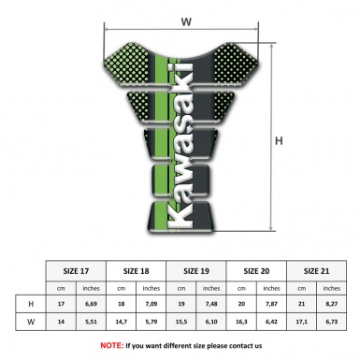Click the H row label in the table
32,304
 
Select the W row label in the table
32,323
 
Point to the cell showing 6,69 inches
92,304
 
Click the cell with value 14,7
122,323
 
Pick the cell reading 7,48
211,304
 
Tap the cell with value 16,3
242,323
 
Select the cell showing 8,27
330,304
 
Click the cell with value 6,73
330,323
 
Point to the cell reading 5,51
92,323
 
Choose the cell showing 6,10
211,323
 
